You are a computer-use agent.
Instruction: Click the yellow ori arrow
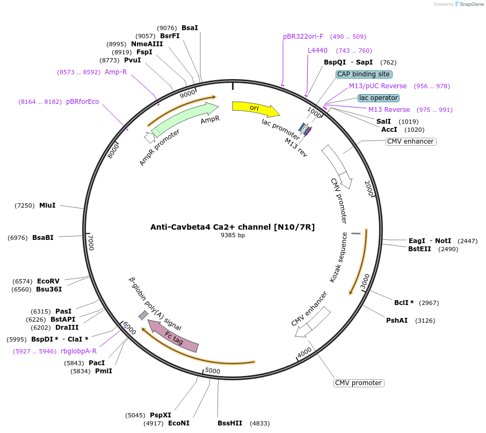[255, 108]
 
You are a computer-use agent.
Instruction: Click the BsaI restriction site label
[190, 28]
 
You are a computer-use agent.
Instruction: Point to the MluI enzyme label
[47, 205]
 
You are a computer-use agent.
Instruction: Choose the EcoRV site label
[48, 281]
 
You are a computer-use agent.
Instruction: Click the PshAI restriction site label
[397, 321]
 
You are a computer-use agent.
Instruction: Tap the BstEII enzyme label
[419, 249]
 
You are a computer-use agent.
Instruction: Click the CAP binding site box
[364, 74]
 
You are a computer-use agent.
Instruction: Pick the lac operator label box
[379, 98]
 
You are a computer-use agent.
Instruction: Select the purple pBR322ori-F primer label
[303, 37]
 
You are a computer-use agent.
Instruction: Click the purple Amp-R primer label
[115, 72]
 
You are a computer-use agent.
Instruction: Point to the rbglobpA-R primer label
[78, 351]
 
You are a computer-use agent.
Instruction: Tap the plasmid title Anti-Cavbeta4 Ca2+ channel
[232, 227]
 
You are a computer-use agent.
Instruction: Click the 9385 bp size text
[233, 236]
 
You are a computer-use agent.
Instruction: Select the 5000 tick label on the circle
[213, 371]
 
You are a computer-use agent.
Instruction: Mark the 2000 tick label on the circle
[369, 188]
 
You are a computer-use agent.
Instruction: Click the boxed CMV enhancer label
[410, 141]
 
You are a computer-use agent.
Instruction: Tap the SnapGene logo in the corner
[468, 4]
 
